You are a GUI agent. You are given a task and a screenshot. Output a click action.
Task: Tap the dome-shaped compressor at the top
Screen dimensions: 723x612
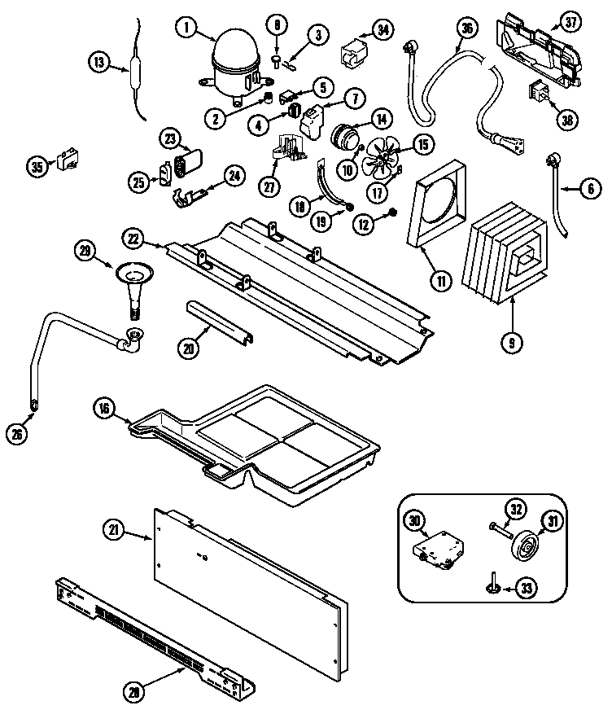pos(232,64)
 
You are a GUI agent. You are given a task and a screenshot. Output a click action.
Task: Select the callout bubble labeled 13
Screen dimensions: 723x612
pos(98,62)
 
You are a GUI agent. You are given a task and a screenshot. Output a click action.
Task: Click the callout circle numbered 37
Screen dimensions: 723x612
pos(562,25)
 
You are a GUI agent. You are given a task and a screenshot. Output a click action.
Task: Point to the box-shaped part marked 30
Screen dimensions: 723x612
pos(440,543)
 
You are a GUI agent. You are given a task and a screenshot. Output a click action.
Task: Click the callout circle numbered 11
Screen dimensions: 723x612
pos(440,282)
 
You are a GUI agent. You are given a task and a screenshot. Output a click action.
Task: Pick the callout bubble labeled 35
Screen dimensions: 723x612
pos(37,167)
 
